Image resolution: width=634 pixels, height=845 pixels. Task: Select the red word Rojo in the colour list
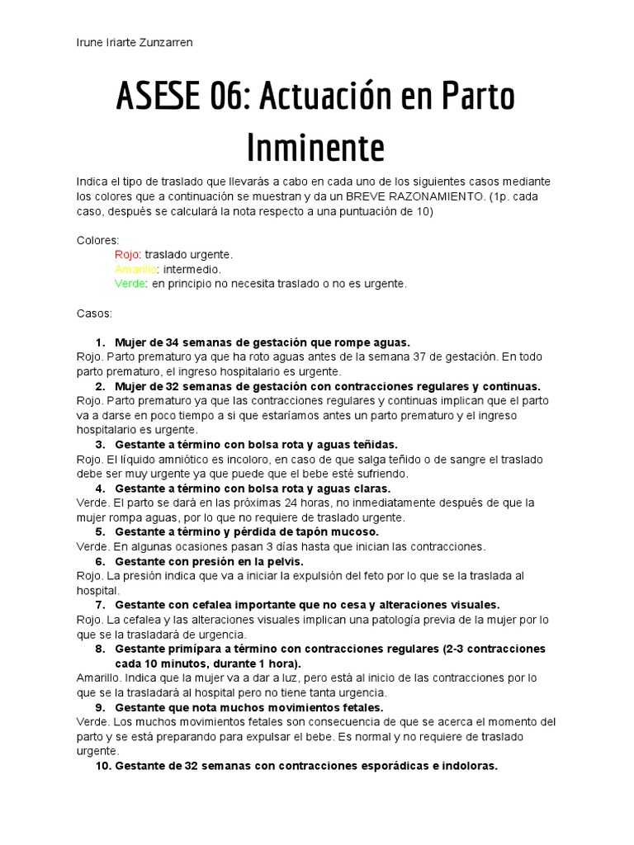pos(127,254)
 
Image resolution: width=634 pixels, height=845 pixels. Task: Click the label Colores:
pos(98,240)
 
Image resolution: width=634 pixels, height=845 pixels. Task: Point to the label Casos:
pos(94,314)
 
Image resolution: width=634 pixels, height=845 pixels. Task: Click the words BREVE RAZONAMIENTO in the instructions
pos(419,196)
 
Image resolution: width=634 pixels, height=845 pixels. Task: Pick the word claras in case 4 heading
pos(372,489)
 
